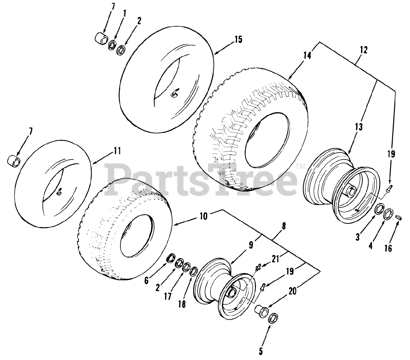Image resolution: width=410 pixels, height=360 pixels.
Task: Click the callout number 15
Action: coord(238,39)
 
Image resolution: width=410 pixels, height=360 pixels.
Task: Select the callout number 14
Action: coord(307,55)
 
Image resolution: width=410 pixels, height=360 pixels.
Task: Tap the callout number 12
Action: coord(364,50)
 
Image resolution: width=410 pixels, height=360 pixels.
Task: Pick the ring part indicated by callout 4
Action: coord(389,214)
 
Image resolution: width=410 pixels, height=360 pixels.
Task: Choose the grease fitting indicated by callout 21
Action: coord(258,267)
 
